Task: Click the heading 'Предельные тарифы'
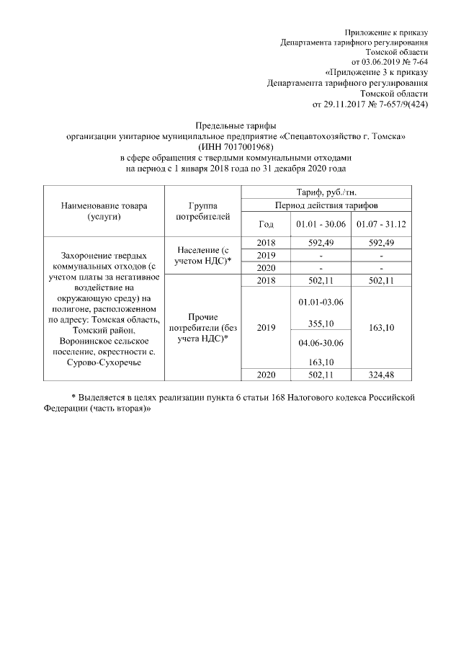point(236,125)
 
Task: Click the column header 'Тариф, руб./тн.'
point(326,192)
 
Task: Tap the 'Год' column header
point(266,224)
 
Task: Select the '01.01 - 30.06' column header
point(321,224)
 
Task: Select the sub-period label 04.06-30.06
point(321,343)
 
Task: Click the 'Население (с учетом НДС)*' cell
point(202,254)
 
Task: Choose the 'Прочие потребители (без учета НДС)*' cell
point(202,327)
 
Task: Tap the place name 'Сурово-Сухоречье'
point(105,362)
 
